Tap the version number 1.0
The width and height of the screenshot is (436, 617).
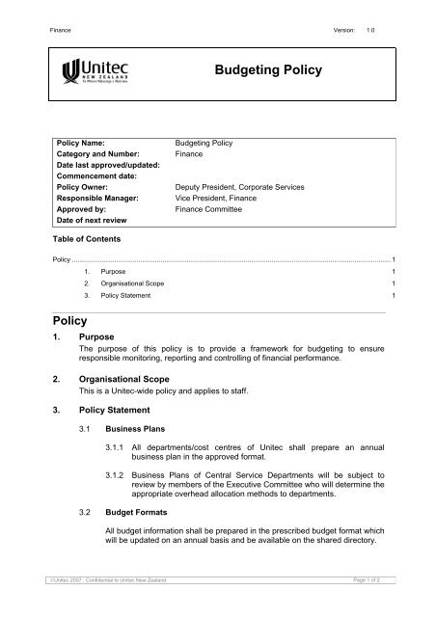384,30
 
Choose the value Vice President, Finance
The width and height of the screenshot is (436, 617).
207,201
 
